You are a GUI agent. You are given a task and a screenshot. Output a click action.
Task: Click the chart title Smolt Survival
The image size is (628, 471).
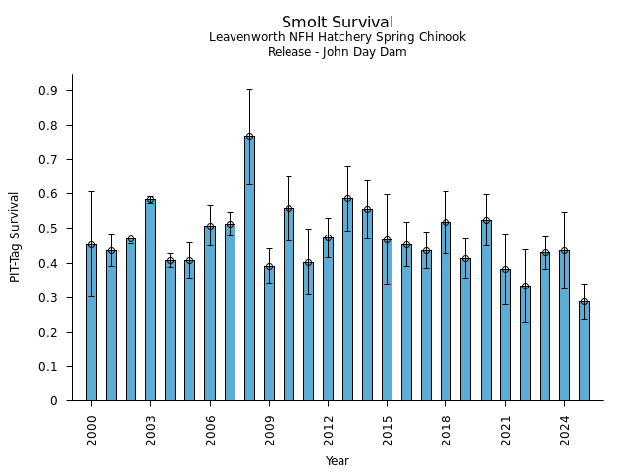pos(338,23)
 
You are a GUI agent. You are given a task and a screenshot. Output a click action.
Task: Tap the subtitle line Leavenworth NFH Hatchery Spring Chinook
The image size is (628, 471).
pos(338,37)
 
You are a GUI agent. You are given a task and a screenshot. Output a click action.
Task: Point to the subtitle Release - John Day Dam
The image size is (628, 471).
pos(338,52)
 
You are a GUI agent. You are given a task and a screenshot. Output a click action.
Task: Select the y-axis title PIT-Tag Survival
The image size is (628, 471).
pos(15,236)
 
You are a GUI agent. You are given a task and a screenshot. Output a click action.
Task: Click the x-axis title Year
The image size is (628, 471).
pos(338,461)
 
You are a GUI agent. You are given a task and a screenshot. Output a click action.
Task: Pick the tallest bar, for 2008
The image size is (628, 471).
pos(249,269)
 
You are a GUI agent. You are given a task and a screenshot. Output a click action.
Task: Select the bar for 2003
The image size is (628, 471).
pos(150,300)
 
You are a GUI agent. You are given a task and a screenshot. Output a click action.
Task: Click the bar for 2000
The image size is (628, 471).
pos(91,323)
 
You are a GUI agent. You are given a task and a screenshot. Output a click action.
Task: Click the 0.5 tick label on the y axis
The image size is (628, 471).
pos(47,229)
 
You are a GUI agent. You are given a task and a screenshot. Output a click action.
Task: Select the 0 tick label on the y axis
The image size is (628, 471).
pos(55,401)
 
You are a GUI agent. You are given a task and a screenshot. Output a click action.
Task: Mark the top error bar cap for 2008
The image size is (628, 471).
pos(249,89)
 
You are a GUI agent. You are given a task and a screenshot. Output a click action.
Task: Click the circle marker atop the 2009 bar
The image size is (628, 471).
pos(269,267)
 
